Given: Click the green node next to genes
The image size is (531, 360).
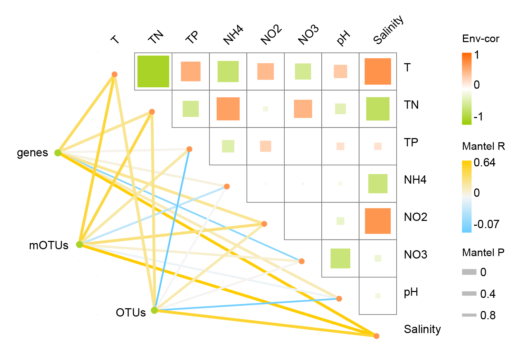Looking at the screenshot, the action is [x=58, y=153].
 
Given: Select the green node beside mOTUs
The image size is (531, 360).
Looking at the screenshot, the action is [x=79, y=244].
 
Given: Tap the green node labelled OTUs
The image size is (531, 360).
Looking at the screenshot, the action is [x=154, y=310].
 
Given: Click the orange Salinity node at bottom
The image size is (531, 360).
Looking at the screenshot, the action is [x=377, y=336].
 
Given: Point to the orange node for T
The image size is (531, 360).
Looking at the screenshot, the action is [x=114, y=74].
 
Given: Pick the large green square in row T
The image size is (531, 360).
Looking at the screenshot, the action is [x=153, y=71].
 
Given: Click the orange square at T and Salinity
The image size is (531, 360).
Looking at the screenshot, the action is [x=378, y=71].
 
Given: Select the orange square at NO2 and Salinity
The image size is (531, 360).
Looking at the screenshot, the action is [x=378, y=221].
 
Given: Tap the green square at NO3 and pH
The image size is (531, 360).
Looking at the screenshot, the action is [x=340, y=259].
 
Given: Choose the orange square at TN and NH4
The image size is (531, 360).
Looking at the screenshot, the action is [x=228, y=109].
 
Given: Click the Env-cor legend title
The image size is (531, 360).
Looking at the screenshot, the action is [x=481, y=39].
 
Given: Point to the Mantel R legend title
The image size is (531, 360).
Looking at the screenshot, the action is [x=483, y=146].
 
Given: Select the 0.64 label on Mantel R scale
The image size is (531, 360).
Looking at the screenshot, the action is [x=485, y=163].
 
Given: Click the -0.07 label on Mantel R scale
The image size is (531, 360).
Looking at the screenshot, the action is [x=486, y=224].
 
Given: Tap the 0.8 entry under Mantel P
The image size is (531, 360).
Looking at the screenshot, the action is [x=488, y=315].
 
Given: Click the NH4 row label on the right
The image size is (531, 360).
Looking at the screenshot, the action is [x=415, y=180].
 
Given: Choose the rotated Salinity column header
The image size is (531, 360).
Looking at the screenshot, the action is [x=388, y=30].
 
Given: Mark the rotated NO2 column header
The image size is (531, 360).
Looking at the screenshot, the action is [x=271, y=35].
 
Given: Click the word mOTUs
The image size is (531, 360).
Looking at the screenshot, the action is [x=49, y=246].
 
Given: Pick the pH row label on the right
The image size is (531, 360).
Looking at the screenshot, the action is [x=411, y=293].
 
